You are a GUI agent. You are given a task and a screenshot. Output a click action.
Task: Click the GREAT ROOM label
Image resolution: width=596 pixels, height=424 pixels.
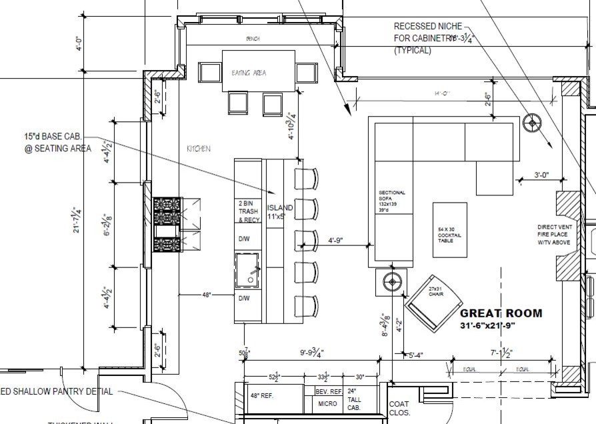click(x=501, y=313)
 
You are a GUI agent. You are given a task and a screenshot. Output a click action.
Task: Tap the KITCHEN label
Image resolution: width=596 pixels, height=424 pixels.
click(x=198, y=149)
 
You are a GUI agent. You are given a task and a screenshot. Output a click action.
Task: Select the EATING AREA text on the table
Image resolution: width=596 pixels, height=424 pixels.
click(x=248, y=73)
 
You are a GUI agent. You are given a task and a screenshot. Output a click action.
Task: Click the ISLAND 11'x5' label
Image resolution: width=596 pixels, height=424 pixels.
click(x=280, y=212)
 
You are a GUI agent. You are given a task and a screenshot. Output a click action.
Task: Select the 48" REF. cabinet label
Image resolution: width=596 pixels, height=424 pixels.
click(x=263, y=395)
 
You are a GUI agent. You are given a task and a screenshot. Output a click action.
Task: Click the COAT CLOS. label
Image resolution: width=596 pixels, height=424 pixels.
click(x=399, y=407)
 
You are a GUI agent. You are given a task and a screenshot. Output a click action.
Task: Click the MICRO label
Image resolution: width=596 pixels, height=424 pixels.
click(x=327, y=404)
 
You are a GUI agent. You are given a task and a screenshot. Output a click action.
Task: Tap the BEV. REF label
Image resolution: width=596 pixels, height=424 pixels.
click(x=327, y=392)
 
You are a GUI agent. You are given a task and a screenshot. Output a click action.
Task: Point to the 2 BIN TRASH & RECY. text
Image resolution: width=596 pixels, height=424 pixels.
click(x=249, y=211)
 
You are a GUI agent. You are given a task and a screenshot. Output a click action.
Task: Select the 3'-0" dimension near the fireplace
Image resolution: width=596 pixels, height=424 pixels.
click(x=541, y=175)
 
